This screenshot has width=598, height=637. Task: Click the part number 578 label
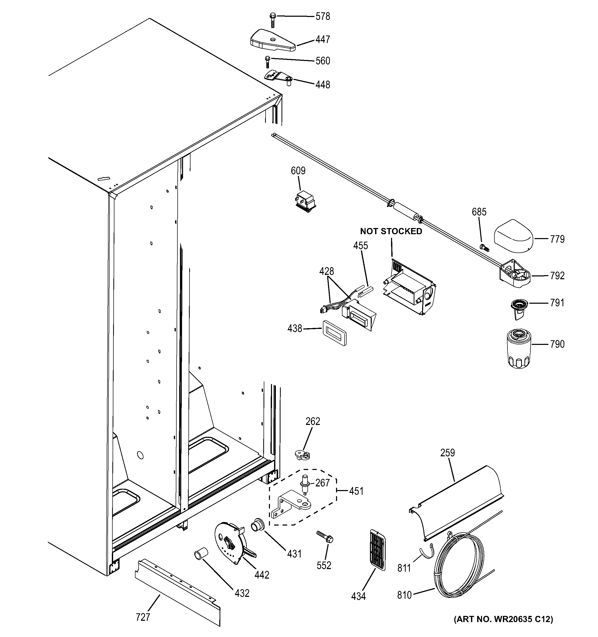pos(322,16)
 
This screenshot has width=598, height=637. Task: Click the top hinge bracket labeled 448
pos(277,77)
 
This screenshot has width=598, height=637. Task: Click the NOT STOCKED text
pos(391,231)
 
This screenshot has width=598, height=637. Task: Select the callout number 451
pos(356,491)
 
